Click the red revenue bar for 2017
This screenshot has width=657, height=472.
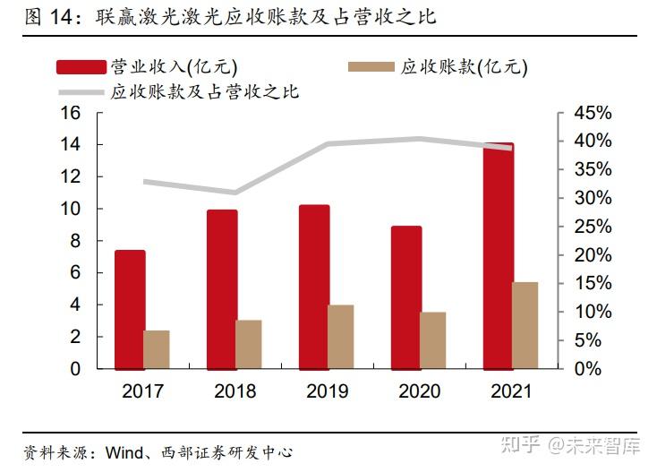pyautogui.click(x=130, y=309)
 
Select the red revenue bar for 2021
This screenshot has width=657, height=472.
pyautogui.click(x=498, y=255)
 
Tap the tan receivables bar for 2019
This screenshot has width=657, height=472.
pyautogui.click(x=340, y=337)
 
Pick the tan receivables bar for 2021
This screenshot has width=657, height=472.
pyautogui.click(x=525, y=325)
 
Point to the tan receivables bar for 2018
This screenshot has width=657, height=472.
pyautogui.click(x=249, y=344)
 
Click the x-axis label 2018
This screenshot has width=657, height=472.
pyautogui.click(x=235, y=391)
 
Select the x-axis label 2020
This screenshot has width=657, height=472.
pyautogui.click(x=419, y=391)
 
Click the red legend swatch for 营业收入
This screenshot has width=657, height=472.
pyautogui.click(x=81, y=67)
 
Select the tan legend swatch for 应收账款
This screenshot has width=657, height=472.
pyautogui.click(x=370, y=67)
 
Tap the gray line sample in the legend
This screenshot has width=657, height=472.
pyautogui.click(x=81, y=92)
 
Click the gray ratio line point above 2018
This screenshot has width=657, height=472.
pyautogui.click(x=235, y=192)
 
